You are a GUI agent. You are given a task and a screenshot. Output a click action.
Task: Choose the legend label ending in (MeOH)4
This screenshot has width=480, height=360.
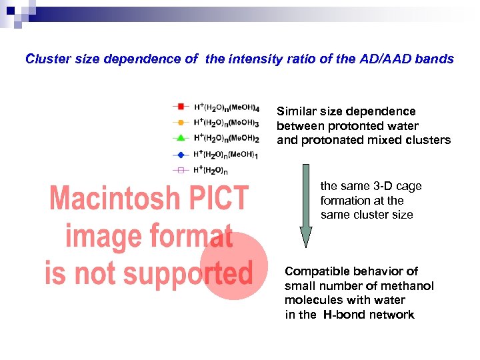point(227,107)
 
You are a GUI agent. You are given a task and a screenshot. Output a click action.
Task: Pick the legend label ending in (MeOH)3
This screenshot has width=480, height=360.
point(227,123)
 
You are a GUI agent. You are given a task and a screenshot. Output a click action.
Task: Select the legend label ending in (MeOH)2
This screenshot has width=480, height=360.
point(227,139)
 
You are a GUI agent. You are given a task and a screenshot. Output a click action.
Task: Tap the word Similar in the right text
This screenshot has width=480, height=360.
point(298,111)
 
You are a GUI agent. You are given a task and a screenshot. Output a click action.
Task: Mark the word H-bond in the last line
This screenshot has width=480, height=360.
point(344,315)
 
